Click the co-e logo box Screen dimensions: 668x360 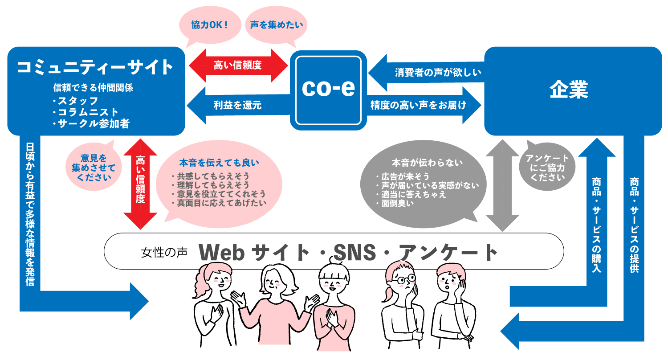[x=328, y=90]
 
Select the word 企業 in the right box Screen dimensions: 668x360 [x=569, y=89]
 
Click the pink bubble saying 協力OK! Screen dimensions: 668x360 [x=210, y=26]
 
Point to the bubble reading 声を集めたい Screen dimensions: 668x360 [x=276, y=25]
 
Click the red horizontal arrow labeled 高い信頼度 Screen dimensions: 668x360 [x=238, y=65]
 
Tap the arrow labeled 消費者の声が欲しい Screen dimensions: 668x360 [x=427, y=73]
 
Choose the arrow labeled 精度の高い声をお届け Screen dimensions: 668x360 [x=424, y=105]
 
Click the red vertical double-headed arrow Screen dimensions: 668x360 [x=140, y=184]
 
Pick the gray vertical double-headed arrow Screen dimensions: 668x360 [x=502, y=185]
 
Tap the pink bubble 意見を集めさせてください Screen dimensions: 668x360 [x=94, y=167]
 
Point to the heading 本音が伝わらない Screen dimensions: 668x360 [x=427, y=163]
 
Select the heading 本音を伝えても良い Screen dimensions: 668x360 [x=219, y=163]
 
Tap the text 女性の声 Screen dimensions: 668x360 [x=164, y=253]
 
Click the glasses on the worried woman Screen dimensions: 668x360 [x=406, y=279]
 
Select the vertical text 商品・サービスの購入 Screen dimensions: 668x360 [x=597, y=225]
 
